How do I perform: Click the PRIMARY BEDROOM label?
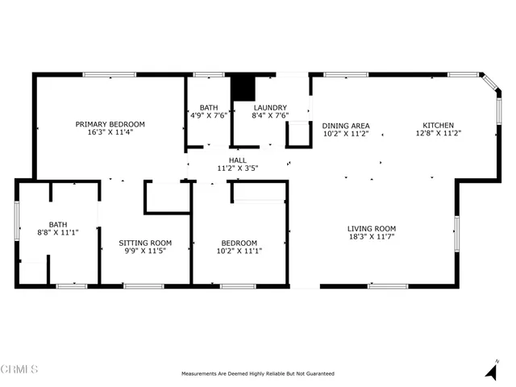click(x=110, y=124)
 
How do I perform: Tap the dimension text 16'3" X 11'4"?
click(x=110, y=132)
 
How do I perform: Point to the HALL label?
click(x=237, y=160)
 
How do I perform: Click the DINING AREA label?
click(x=345, y=126)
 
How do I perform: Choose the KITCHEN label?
click(x=438, y=126)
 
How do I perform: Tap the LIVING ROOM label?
click(x=371, y=229)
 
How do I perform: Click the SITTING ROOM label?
click(x=145, y=243)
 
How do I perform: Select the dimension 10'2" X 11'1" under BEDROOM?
click(x=239, y=251)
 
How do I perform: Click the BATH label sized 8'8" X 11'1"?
click(x=58, y=225)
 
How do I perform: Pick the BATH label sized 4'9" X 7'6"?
click(x=209, y=107)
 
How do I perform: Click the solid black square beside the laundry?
click(x=243, y=88)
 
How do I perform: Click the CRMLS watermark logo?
click(x=19, y=370)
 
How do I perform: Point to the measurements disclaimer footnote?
click(x=258, y=373)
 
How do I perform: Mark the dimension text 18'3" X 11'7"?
click(x=371, y=237)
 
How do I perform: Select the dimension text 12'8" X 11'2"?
click(x=438, y=134)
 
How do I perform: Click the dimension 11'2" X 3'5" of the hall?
click(x=237, y=169)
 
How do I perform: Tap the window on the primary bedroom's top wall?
click(x=109, y=75)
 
